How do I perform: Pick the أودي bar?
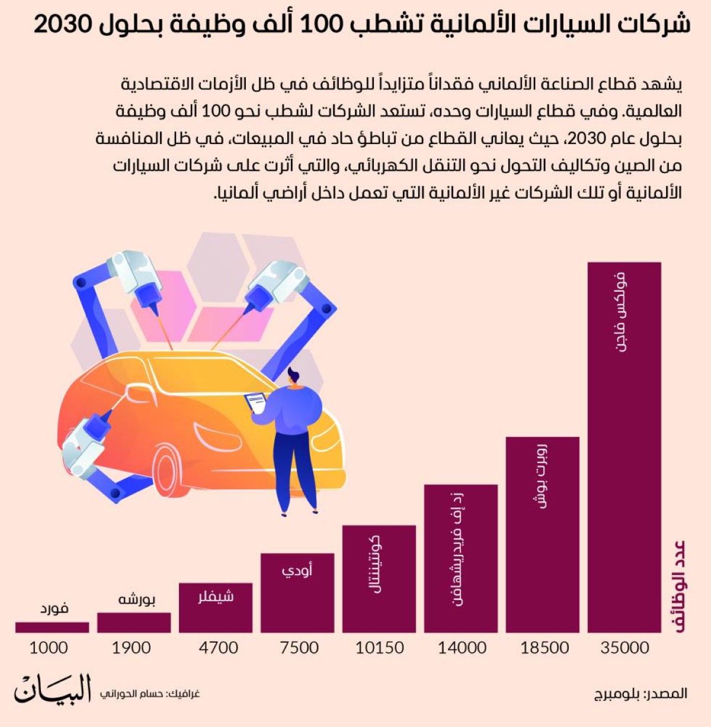[297, 593]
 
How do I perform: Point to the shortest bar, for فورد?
[52, 627]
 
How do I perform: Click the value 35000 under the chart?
[624, 648]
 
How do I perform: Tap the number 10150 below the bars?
[379, 648]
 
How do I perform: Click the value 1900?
[131, 648]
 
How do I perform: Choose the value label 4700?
[219, 648]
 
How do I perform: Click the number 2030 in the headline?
[62, 25]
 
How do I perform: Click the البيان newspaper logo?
[53, 690]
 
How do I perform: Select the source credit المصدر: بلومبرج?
[640, 693]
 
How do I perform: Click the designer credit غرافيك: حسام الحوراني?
[149, 693]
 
